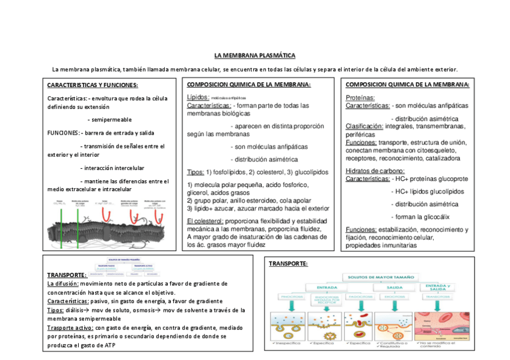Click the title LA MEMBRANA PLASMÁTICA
coord(255,55)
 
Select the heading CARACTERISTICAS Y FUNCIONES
coord(93,85)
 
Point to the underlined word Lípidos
coord(198,97)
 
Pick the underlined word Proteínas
coord(360,97)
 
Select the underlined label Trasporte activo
coord(70,328)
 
